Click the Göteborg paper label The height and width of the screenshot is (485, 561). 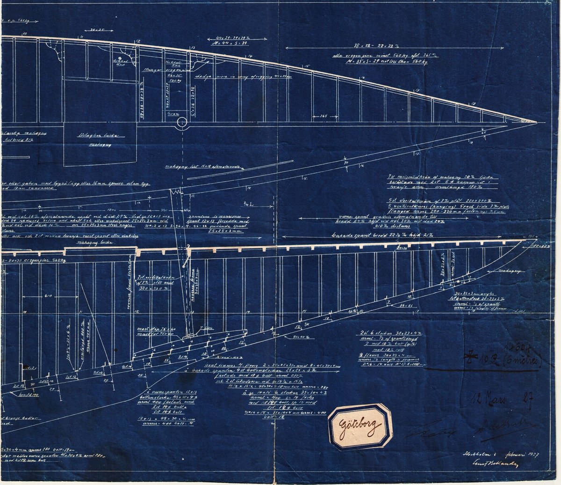tap(360, 426)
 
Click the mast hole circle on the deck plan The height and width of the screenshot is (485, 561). tap(180, 124)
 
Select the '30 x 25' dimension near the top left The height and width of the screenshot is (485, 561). tap(97, 30)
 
